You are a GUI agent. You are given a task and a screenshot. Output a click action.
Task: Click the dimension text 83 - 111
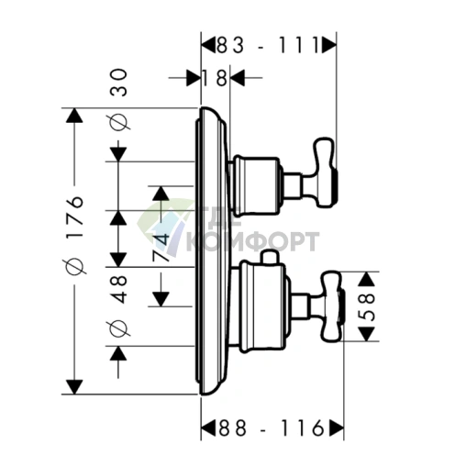pos(268,45)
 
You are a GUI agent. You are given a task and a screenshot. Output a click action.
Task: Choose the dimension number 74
pos(161,247)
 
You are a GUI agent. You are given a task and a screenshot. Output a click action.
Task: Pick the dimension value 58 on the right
pos(367,306)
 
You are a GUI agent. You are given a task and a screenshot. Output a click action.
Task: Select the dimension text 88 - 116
pos(271,427)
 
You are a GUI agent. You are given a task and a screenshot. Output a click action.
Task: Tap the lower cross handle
pos(332,305)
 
